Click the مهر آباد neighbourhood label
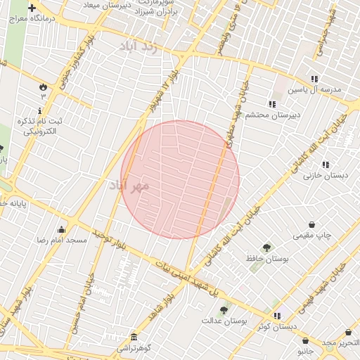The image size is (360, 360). click(131, 185)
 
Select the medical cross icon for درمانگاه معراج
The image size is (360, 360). click(32, 8)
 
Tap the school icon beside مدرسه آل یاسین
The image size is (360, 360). click(314, 79)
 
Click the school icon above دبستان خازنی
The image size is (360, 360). click(325, 165)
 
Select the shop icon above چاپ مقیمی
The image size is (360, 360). click(312, 224)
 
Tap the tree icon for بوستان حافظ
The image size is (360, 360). click(266, 247)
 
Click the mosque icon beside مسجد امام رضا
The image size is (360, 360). click(62, 229)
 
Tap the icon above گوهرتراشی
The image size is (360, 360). click(134, 337)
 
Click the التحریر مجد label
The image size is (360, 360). click(341, 342)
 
